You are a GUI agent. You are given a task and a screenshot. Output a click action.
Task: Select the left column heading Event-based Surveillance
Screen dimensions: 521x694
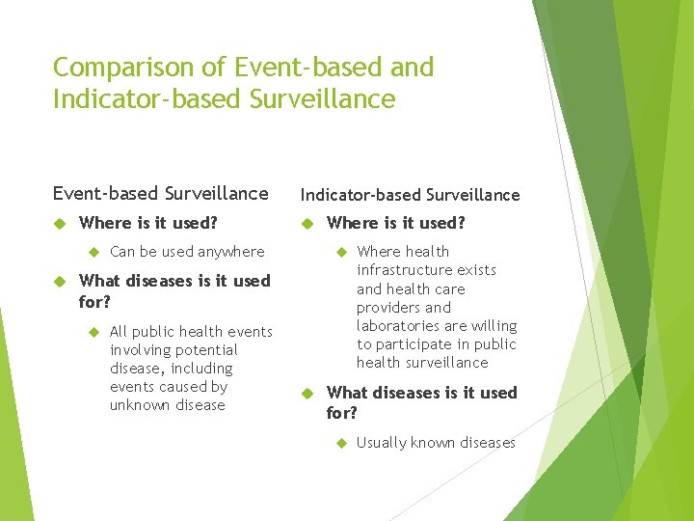[x=161, y=193]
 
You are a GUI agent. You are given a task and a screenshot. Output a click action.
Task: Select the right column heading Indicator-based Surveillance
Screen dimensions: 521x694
[x=410, y=195]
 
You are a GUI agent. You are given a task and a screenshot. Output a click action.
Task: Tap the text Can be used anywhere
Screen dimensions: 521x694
[x=187, y=252]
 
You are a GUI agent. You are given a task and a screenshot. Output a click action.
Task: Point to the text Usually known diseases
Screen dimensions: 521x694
[x=436, y=443]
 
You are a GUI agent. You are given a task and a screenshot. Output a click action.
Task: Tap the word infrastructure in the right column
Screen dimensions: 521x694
[x=426, y=270]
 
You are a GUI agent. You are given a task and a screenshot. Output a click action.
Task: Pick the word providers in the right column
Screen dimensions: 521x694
[x=390, y=308]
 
